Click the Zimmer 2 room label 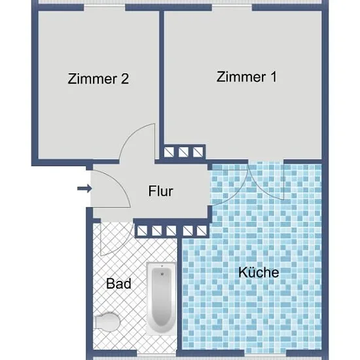pos(98,79)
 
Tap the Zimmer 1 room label pos(247,77)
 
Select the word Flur pos(160,191)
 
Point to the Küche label pos(259,272)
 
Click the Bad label pos(118,283)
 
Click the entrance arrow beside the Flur pos(84,189)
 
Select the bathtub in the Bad pos(162,298)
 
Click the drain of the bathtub pos(162,274)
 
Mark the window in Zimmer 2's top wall pos(105,8)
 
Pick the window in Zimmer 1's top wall pos(232,8)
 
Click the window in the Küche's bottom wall pos(265,356)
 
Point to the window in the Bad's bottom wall pos(156,356)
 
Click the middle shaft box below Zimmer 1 pos(184,152)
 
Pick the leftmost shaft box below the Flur pos(142,231)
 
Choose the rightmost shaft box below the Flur pos(202,231)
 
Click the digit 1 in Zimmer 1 pos(274,77)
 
